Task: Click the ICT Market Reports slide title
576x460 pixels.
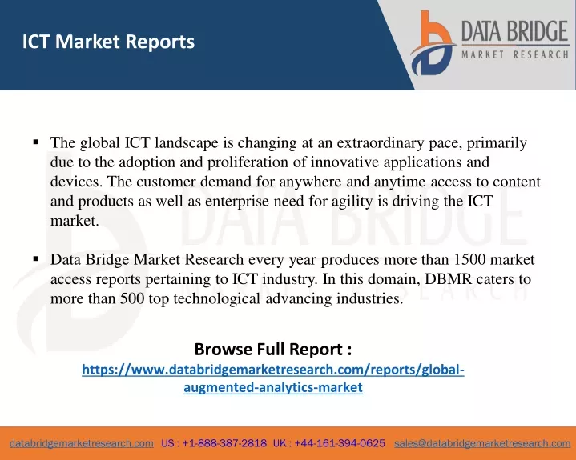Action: [x=108, y=42]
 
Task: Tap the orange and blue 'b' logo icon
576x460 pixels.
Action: [x=433, y=43]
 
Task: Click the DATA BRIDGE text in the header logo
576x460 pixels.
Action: [x=515, y=31]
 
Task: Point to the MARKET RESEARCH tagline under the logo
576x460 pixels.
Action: [x=515, y=55]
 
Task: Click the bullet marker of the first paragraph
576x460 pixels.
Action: [x=35, y=142]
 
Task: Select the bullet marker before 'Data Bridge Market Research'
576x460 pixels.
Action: [x=35, y=259]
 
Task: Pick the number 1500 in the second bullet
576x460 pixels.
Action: [x=469, y=259]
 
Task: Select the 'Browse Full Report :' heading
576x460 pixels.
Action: [x=273, y=349]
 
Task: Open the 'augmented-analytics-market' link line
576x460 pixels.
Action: [x=273, y=387]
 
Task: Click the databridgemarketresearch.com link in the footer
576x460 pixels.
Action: [x=82, y=443]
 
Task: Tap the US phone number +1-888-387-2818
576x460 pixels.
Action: [x=224, y=443]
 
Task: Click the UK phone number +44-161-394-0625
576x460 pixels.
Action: [x=340, y=443]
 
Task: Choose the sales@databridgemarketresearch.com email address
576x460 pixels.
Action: [x=482, y=443]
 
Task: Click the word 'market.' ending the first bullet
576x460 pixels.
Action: [x=75, y=221]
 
